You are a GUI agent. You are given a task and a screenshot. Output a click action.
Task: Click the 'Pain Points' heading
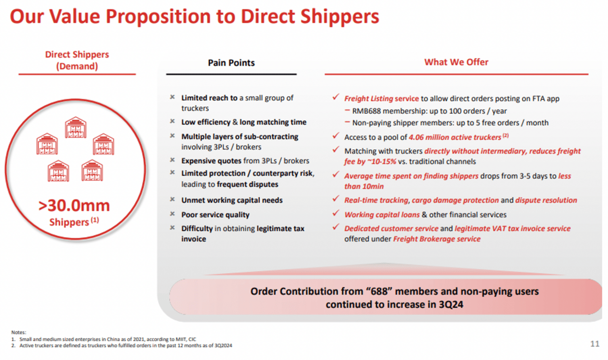[x=231, y=63]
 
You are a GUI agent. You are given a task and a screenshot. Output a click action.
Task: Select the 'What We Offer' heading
[x=456, y=62]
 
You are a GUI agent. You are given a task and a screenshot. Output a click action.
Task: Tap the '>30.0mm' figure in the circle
[x=74, y=206]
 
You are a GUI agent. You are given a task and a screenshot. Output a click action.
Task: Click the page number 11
[x=594, y=344]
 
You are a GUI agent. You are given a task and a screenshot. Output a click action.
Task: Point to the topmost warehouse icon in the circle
[x=75, y=128]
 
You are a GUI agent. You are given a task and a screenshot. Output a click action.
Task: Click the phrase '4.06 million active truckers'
[x=455, y=137]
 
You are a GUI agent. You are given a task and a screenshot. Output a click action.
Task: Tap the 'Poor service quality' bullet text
[x=215, y=215]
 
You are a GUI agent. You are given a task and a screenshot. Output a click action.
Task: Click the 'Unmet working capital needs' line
[x=232, y=200]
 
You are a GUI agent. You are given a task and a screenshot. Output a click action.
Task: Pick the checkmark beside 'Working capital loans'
[x=336, y=214]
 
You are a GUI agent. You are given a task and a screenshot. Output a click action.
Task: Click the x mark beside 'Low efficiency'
[x=172, y=121]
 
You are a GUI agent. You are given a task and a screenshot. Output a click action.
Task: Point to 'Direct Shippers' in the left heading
[x=77, y=55]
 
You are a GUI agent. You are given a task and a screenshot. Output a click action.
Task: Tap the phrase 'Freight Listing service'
[x=381, y=98]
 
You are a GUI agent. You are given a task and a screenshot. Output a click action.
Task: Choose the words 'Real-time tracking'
[x=376, y=200]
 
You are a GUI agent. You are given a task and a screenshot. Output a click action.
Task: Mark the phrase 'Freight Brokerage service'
[x=437, y=239]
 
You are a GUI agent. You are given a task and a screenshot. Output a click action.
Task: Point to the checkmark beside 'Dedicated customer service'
[x=336, y=227]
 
